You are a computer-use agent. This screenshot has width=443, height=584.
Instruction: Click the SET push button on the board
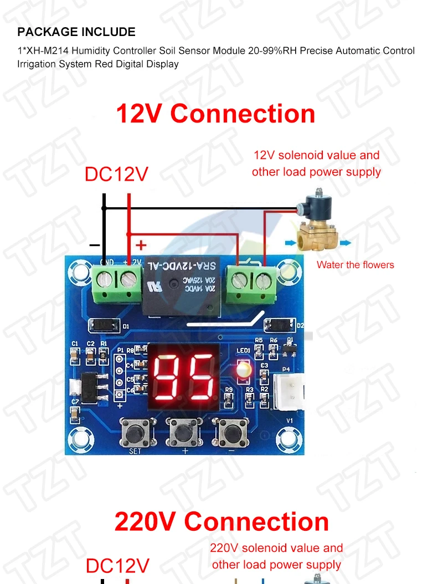(x=135, y=431)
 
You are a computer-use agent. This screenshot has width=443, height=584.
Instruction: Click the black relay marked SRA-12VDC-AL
(x=183, y=288)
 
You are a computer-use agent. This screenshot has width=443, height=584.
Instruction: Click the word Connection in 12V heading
(x=243, y=114)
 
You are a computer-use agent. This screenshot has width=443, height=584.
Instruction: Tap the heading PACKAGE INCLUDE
(x=76, y=32)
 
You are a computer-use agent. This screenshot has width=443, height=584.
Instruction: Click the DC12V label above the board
(x=116, y=175)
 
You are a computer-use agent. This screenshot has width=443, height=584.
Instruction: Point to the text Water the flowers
(x=355, y=265)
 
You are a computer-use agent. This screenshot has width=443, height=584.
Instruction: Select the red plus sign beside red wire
(x=142, y=245)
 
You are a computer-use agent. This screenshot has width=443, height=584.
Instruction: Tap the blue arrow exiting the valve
(x=345, y=243)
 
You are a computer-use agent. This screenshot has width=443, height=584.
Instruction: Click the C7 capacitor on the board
(x=75, y=412)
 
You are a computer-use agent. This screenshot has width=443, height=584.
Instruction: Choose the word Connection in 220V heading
(x=256, y=522)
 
